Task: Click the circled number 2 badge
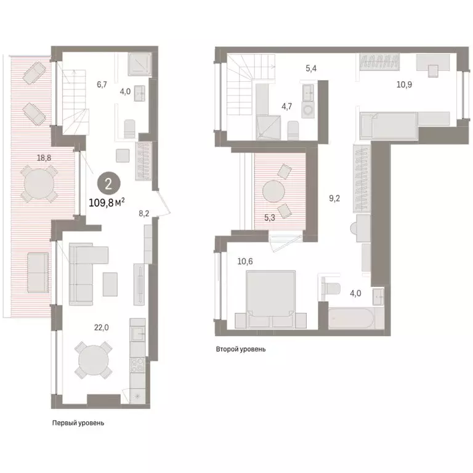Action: tap(108, 184)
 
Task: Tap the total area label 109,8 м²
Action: tap(107, 203)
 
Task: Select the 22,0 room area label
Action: tap(102, 327)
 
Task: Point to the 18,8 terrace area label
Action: tap(44, 158)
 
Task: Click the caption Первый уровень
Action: tap(78, 423)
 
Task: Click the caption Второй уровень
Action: tap(241, 349)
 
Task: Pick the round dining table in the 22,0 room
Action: tap(94, 360)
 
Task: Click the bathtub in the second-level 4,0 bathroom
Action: tap(351, 318)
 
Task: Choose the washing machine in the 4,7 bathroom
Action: tap(308, 110)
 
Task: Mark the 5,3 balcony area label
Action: tap(269, 217)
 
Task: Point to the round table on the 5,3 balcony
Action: tap(273, 192)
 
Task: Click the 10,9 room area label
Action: tap(404, 85)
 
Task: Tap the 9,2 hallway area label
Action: tap(334, 198)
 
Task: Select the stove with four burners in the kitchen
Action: tap(137, 365)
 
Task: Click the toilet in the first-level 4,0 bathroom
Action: tap(130, 129)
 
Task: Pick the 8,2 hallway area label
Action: tap(144, 214)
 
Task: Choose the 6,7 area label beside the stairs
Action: tap(102, 85)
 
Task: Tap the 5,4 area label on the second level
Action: tap(311, 68)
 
